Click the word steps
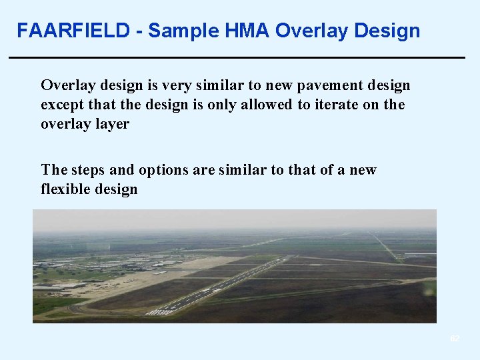click(x=91, y=170)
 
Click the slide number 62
click(x=455, y=339)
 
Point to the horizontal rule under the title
click(x=237, y=58)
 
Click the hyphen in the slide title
click(x=139, y=31)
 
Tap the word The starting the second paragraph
click(x=53, y=170)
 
